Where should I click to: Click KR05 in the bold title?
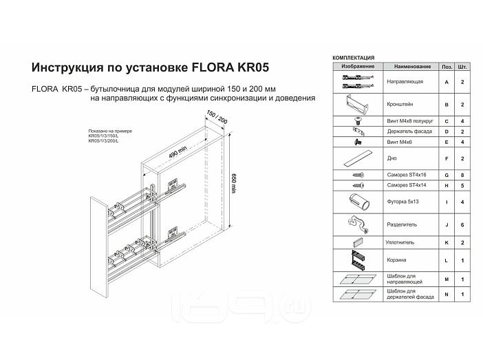coord(248,68)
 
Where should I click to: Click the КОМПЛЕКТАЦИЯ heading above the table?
coord(354,58)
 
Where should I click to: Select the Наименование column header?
coord(412,67)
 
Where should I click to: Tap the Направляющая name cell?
coord(405,82)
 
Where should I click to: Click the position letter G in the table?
coord(447,176)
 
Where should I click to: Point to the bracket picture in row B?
coord(357,106)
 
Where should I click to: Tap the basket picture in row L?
coord(357,261)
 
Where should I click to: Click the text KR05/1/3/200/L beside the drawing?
coord(104,140)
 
